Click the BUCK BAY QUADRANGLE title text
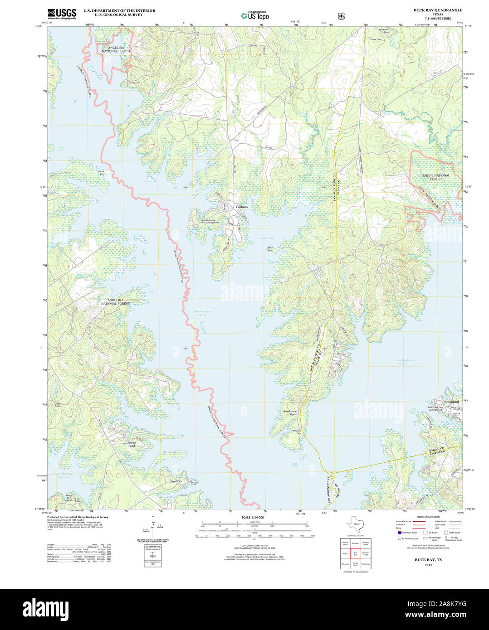(x=437, y=10)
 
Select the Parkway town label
(x=242, y=207)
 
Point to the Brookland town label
(x=451, y=402)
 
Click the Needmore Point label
(x=290, y=413)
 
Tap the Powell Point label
(x=131, y=444)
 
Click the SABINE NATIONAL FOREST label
(x=435, y=177)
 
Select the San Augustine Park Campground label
(x=210, y=222)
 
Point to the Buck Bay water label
(x=267, y=237)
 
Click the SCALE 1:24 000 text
(x=253, y=517)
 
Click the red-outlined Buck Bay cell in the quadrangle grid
(x=356, y=553)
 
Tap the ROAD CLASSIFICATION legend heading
(x=428, y=517)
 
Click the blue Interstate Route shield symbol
(x=399, y=533)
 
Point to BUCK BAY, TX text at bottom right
(x=428, y=560)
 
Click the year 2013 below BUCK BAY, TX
(x=428, y=565)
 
